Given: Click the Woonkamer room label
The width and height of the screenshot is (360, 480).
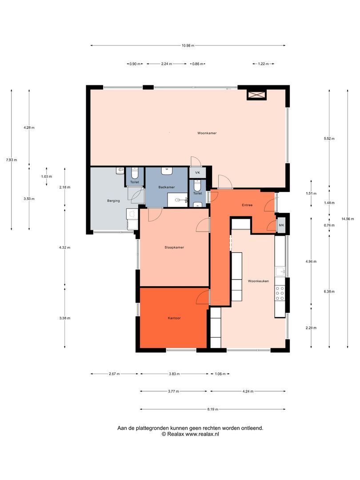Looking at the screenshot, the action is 207,133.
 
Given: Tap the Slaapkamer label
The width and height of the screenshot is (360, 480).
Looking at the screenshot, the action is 174,248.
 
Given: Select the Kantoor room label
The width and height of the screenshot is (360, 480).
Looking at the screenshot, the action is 174,318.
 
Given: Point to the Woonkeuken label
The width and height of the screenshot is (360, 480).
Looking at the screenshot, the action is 258,281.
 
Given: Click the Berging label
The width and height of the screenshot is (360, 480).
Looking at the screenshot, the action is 113,201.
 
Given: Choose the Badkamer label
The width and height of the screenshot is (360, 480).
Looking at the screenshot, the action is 167,187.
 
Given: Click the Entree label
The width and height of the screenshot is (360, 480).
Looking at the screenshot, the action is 247,205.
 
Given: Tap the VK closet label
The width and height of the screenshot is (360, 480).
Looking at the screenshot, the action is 197,172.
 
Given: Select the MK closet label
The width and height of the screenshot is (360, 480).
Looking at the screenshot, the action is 281,225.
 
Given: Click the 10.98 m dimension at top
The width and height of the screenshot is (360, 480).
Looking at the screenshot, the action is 188,46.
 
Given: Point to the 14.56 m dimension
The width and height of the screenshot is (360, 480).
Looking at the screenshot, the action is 348,219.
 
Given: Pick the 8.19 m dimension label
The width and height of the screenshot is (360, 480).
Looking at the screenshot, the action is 212,409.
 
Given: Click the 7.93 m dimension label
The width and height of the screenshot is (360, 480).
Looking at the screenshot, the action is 12,160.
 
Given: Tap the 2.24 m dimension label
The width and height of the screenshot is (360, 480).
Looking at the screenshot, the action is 167,64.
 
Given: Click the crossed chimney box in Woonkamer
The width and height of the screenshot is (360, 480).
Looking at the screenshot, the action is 257,95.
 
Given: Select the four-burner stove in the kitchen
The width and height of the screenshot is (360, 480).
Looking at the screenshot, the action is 280,293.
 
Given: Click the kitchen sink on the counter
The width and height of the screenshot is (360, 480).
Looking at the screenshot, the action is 280,271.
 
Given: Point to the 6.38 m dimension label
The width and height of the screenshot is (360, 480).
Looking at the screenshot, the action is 329,292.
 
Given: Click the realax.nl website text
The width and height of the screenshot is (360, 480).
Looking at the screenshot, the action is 202,434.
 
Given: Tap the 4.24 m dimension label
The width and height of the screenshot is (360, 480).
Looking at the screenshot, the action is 248,391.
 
